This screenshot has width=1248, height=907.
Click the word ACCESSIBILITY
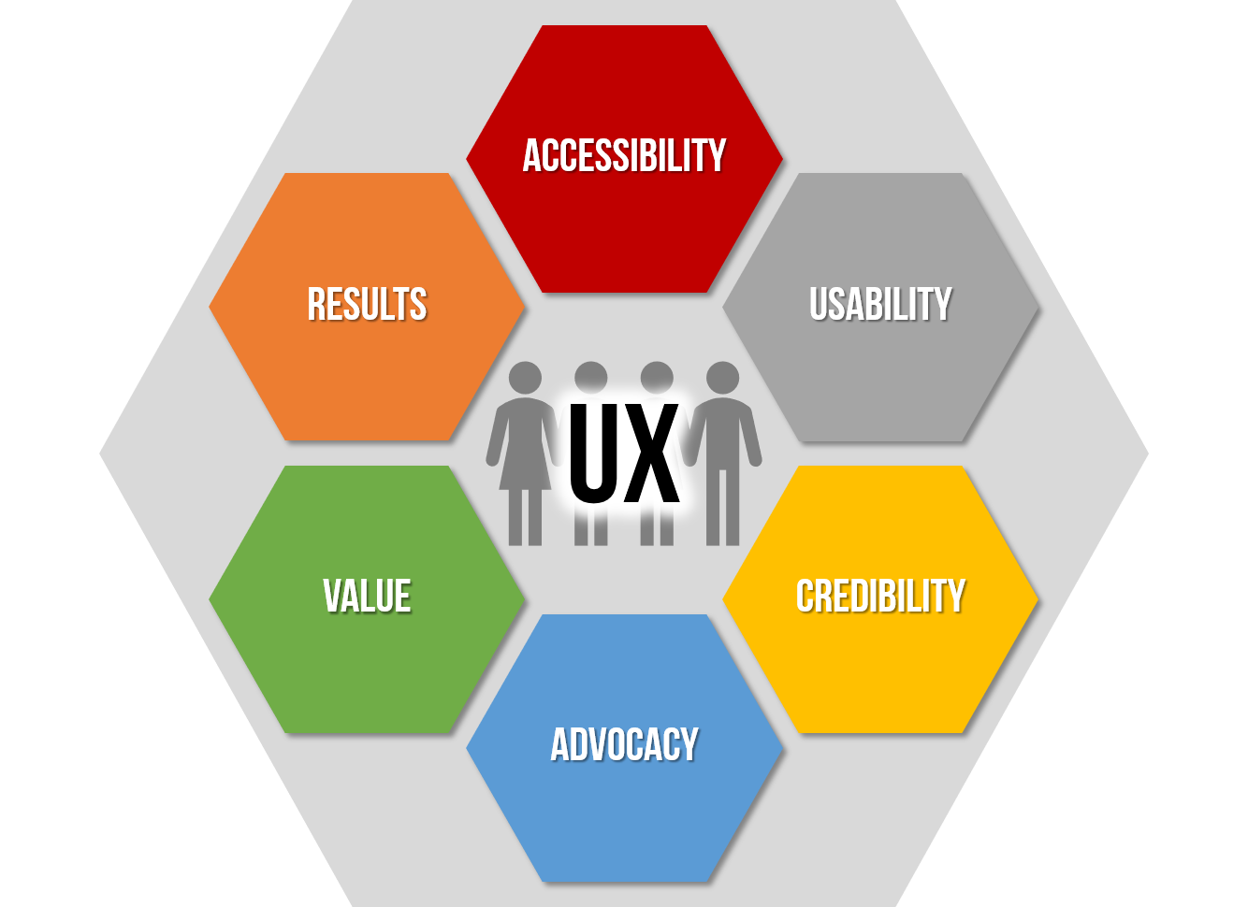[x=624, y=156]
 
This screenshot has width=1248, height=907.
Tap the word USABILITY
[x=880, y=305]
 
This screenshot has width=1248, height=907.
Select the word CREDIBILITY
[x=880, y=597]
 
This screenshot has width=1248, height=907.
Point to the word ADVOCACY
[x=624, y=745]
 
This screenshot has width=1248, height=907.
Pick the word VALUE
[x=367, y=597]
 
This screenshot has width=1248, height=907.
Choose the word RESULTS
[x=367, y=305]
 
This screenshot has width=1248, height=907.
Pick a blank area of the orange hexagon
[x=367, y=393]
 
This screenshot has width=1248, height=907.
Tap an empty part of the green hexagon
[x=367, y=683]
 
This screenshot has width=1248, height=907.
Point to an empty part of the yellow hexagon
[x=880, y=683]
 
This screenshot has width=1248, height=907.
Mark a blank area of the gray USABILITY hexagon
[x=880, y=393]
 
